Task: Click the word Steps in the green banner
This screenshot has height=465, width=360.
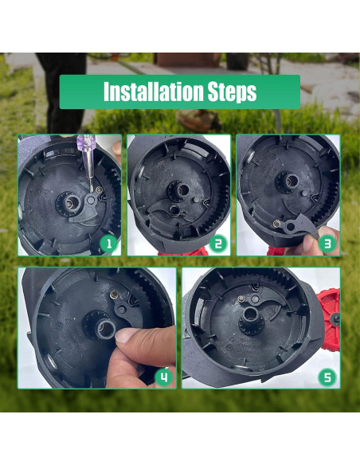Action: [x=232, y=92]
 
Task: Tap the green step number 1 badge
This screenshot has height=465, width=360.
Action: [x=109, y=244]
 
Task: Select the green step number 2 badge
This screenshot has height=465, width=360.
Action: [x=218, y=244]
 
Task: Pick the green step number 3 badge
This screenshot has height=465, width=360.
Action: [x=327, y=244]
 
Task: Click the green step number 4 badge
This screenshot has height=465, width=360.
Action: [x=164, y=377]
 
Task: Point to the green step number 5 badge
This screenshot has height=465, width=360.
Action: [x=327, y=377]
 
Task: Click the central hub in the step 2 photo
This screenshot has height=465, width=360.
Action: [x=178, y=190]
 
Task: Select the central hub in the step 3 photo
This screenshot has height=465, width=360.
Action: [x=287, y=180]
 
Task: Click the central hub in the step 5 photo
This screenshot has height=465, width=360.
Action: [x=252, y=320]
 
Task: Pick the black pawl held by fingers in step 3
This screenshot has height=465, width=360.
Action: [x=299, y=225]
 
